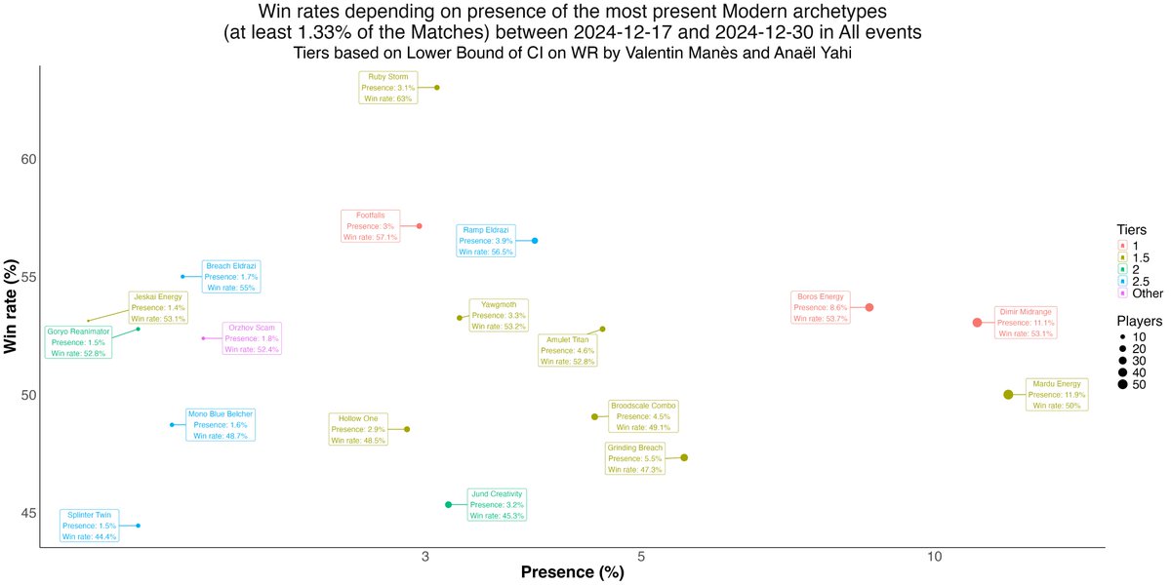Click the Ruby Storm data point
coord(437,88)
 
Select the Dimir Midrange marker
coord(977,323)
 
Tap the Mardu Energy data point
coord(1008,395)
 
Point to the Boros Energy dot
coord(869,308)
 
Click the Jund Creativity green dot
coord(449,505)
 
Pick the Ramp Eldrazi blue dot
coord(535,241)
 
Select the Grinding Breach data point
coord(684,458)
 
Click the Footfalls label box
coord(371,226)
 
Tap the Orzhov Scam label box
coord(252,338)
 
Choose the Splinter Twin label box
coord(90,526)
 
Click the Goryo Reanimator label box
coord(78,342)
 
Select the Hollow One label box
coord(358,429)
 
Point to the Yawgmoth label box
coord(499,316)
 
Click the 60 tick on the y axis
coord(28,159)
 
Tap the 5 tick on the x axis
coord(641,557)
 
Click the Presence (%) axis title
coord(573,572)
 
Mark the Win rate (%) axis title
coord(11,306)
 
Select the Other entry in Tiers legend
coord(1139,293)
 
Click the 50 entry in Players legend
coord(1132,385)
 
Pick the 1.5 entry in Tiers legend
coord(1134,257)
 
